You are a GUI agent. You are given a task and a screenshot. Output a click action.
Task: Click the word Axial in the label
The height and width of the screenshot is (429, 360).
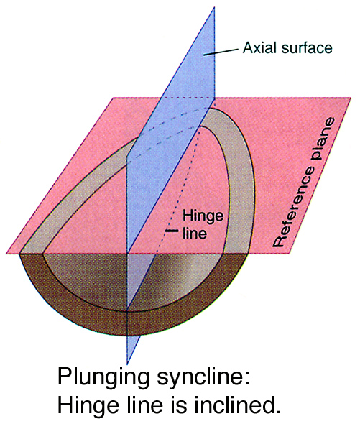click(260, 47)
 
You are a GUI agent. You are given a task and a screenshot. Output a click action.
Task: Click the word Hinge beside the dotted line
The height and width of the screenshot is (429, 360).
click(203, 216)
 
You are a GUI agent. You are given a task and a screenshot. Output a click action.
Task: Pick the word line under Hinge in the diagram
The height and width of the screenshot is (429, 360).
click(194, 233)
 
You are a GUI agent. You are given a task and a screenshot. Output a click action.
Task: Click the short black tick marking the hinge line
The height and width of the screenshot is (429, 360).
click(172, 231)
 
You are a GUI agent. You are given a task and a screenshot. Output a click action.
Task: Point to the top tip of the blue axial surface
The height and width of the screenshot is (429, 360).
click(214, 7)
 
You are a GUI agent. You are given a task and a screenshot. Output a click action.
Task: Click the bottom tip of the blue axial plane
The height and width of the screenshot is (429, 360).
click(127, 365)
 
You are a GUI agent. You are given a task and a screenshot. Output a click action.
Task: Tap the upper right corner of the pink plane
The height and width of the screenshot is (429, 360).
click(351, 98)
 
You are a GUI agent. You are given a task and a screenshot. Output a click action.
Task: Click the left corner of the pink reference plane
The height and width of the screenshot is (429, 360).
click(6, 254)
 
